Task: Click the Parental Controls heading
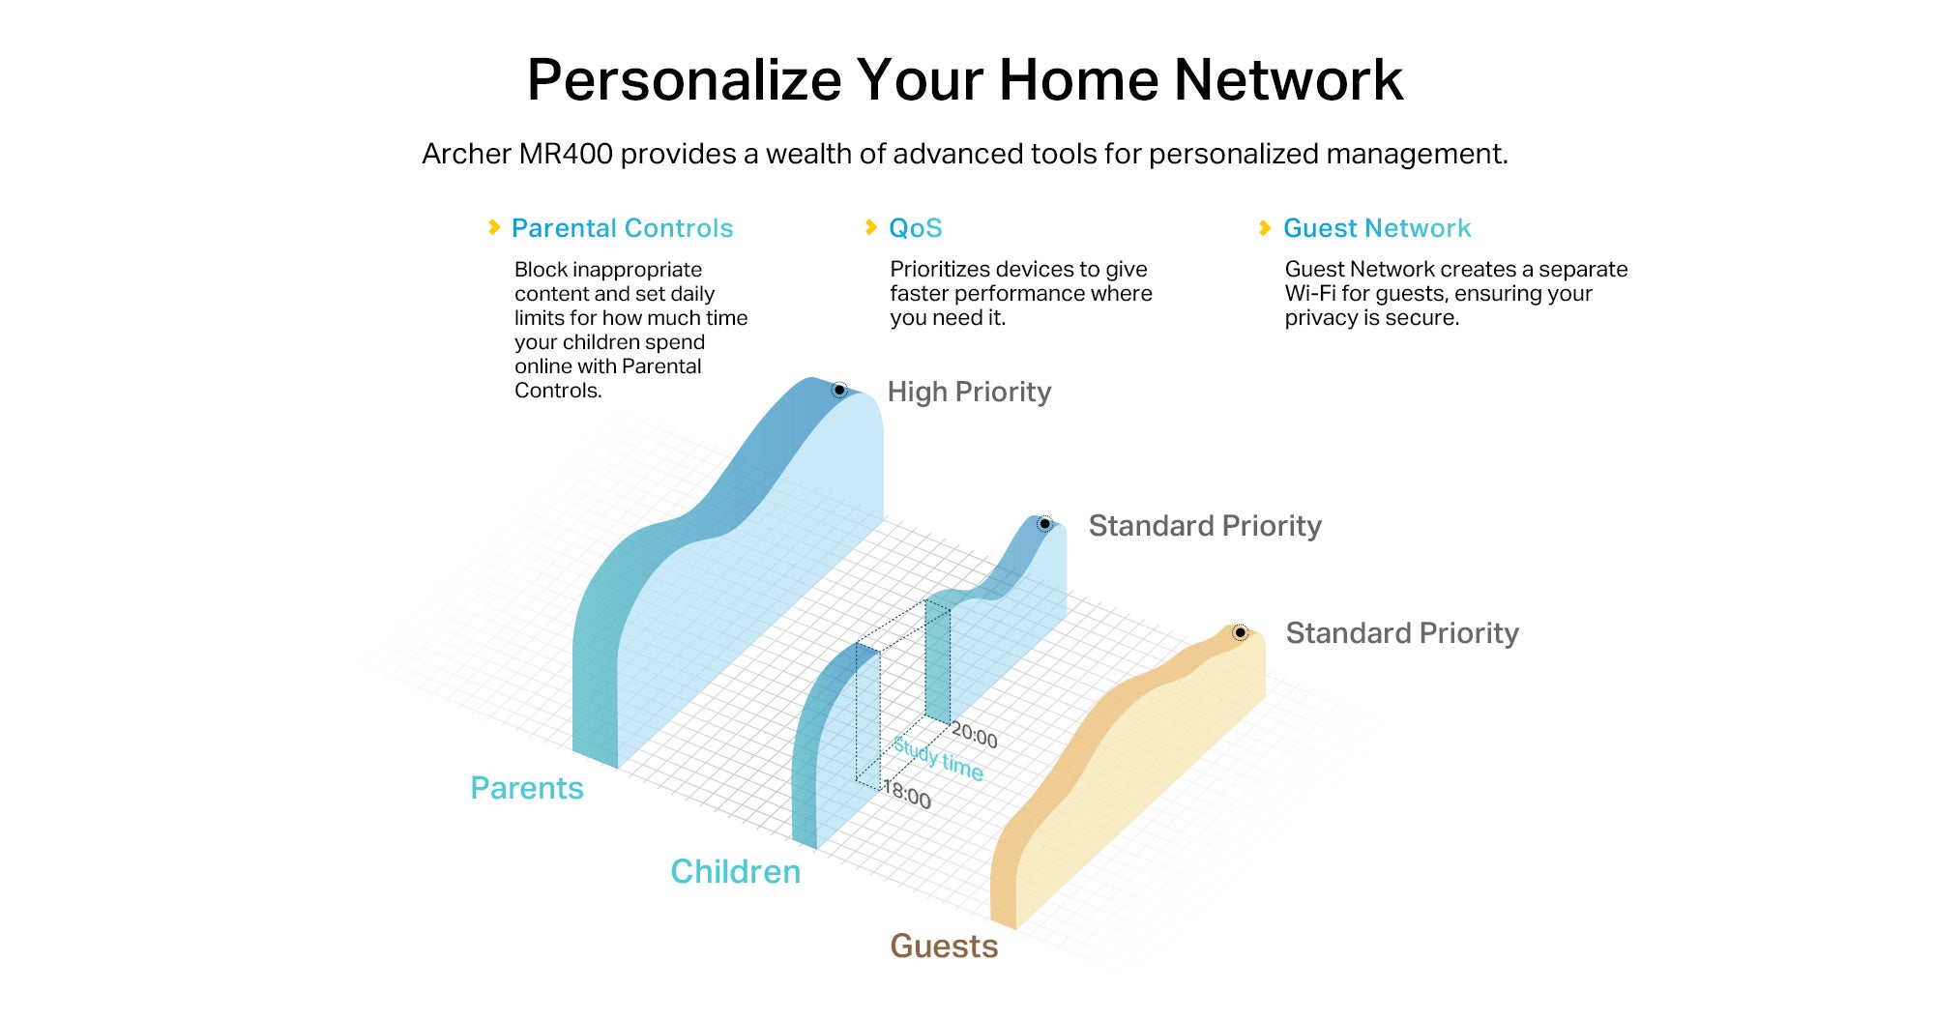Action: click(622, 228)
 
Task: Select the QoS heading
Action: click(915, 228)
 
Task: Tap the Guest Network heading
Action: click(1377, 228)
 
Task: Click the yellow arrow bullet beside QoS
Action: click(871, 227)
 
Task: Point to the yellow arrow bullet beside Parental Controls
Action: click(494, 227)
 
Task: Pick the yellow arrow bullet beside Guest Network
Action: click(1265, 228)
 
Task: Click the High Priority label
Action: click(969, 392)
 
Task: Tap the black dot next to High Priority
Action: click(839, 390)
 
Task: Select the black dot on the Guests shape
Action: click(1240, 632)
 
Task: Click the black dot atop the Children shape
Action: click(1044, 524)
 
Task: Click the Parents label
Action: click(527, 788)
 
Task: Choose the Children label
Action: click(736, 871)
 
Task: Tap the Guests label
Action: click(944, 946)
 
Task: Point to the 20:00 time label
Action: click(974, 736)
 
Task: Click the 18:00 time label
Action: click(907, 795)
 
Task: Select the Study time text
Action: click(938, 758)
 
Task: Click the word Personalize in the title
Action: click(685, 80)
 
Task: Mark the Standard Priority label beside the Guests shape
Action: click(1402, 633)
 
